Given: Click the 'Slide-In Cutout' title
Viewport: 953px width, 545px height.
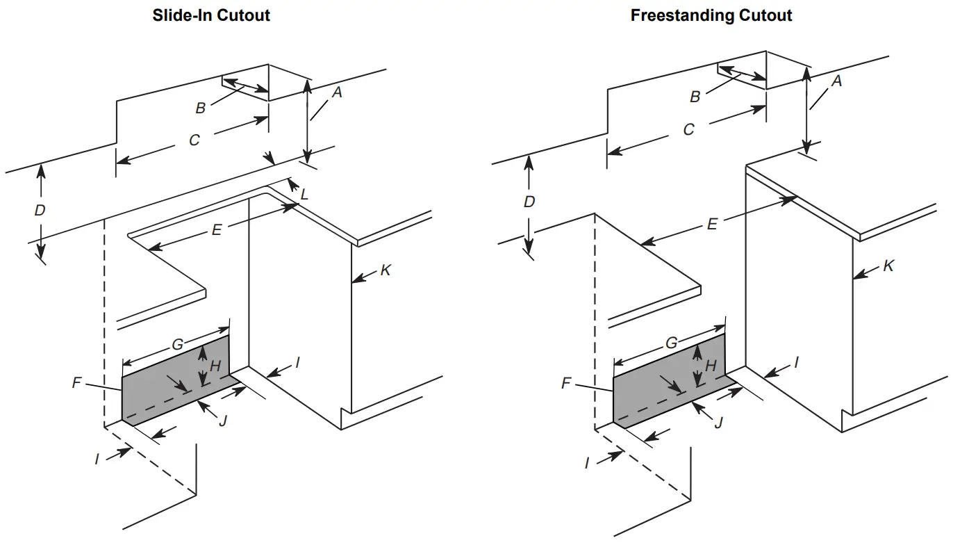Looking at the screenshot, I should click(211, 15).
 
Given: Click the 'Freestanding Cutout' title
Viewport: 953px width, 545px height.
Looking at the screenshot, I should click(711, 15).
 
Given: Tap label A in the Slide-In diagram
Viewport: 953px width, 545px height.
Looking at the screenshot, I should click(336, 91).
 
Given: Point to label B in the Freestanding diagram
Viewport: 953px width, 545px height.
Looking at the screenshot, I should click(695, 97).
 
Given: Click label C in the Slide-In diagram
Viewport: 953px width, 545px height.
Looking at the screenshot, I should click(194, 140).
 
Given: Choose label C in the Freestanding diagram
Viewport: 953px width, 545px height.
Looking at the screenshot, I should click(688, 130).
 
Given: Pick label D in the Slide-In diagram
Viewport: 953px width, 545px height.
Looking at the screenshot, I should click(40, 210).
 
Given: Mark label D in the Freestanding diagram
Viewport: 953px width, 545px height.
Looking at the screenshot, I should click(529, 202).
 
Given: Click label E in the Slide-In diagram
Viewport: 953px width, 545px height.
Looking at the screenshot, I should click(217, 230).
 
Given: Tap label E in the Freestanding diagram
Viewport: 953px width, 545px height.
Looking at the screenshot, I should click(711, 224).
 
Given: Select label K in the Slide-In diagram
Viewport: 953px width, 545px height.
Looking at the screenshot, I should click(386, 270).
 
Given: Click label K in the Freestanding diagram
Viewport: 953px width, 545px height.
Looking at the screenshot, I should click(888, 266).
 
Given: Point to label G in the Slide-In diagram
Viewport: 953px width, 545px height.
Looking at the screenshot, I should click(177, 343).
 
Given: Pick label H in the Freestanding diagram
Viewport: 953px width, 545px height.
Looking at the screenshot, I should click(711, 366).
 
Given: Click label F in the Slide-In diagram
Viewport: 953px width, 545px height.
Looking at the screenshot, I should click(77, 382).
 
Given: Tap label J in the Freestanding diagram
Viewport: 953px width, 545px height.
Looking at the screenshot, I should click(718, 423).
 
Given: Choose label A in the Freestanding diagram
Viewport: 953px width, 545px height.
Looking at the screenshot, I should click(836, 82).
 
